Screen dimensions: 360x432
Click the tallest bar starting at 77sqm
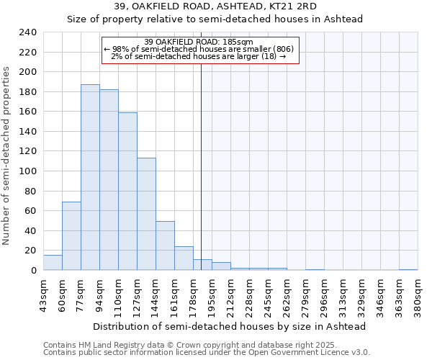(x=90, y=177)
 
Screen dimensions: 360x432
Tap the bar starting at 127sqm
(x=146, y=214)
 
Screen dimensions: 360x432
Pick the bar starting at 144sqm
(x=165, y=246)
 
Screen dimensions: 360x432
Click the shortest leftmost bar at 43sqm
(x=53, y=263)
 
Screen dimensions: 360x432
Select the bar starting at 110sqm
(x=127, y=191)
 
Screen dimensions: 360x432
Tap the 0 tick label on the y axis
(x=33, y=271)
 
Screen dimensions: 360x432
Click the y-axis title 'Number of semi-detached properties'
(x=6, y=156)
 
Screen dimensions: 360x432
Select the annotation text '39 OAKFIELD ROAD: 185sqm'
(x=199, y=42)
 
